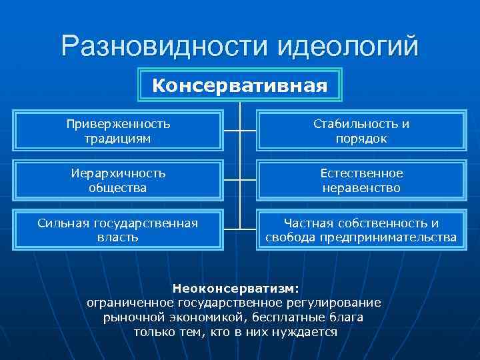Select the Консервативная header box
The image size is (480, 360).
point(240,86)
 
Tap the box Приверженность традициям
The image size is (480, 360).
point(119,131)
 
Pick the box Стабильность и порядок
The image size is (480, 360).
point(361,131)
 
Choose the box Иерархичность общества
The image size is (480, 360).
point(119,181)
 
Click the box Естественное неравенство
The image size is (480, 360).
point(361,181)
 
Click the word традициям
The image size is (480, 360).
point(119,139)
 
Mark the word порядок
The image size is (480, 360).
point(361,139)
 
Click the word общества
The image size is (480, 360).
point(119,188)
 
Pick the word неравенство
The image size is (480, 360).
point(361,188)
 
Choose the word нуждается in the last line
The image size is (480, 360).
point(307,332)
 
